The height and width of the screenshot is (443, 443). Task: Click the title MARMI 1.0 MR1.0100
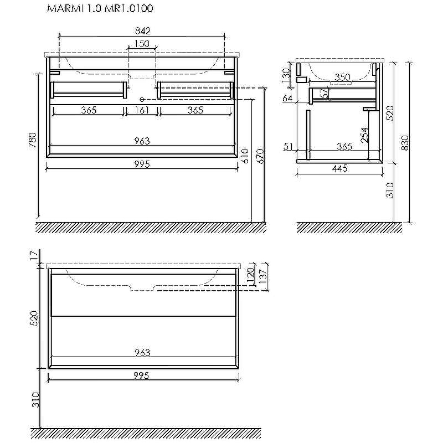[100, 8]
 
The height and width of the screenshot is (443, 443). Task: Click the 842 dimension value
[143, 31]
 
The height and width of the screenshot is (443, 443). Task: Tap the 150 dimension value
[142, 44]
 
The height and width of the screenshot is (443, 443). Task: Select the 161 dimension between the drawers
[142, 110]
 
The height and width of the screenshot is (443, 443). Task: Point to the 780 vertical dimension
[33, 140]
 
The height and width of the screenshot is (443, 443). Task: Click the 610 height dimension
[245, 156]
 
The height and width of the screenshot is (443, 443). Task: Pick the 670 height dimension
[260, 156]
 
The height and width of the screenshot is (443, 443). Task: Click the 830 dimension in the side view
[405, 143]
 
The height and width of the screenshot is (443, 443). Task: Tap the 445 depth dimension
[340, 168]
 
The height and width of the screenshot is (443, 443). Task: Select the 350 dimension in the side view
[342, 77]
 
